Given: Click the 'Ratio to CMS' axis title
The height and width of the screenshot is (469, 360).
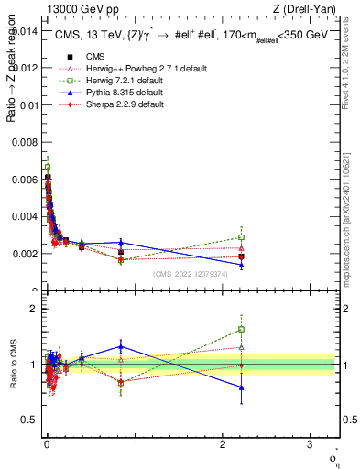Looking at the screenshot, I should (12, 366).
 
